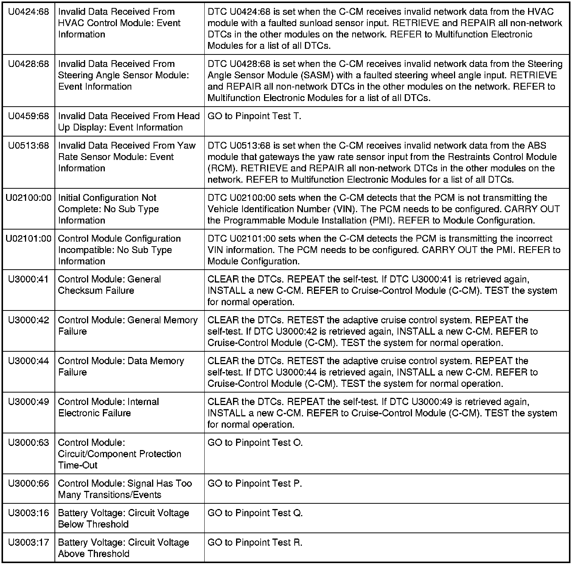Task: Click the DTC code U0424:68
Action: (x=28, y=12)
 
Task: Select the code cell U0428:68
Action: (x=28, y=64)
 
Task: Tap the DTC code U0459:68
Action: (x=28, y=116)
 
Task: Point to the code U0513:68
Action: (x=28, y=146)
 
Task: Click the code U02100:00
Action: (x=28, y=198)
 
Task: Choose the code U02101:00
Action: (x=28, y=239)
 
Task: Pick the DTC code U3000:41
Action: (x=28, y=280)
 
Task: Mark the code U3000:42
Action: (x=28, y=321)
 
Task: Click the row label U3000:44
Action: (x=28, y=362)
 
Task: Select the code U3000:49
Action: (x=28, y=402)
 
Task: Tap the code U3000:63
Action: (x=28, y=443)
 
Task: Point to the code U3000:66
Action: (x=28, y=484)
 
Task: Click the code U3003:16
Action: (x=28, y=514)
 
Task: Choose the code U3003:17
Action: (x=28, y=543)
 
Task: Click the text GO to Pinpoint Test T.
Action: (x=254, y=116)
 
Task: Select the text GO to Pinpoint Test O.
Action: (x=255, y=443)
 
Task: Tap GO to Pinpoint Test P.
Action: (x=255, y=484)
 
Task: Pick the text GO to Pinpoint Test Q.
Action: (x=255, y=514)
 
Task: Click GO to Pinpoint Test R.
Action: (x=255, y=543)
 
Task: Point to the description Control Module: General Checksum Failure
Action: (x=109, y=285)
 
